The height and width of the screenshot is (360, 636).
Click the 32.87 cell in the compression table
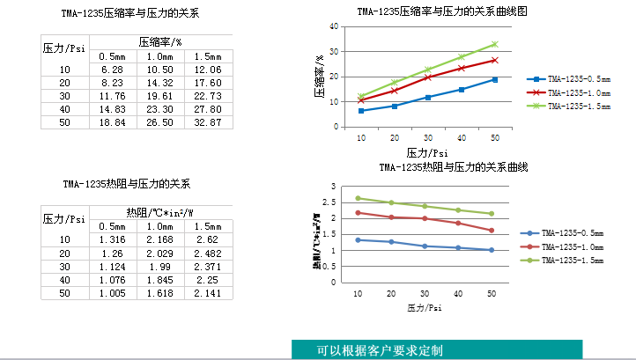(x=207, y=121)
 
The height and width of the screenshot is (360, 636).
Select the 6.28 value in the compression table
(x=112, y=69)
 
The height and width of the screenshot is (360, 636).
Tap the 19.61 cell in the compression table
(x=159, y=95)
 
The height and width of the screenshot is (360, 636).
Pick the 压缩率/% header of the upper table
(x=159, y=41)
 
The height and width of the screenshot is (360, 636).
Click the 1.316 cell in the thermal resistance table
(x=112, y=239)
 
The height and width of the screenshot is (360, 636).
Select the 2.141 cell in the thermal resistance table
(x=207, y=292)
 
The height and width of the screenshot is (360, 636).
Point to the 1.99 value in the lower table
(x=159, y=266)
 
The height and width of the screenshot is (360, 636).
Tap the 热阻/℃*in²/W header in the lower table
(x=159, y=212)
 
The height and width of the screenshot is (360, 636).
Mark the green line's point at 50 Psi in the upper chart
(x=494, y=44)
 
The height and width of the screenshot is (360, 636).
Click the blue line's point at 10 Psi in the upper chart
(x=361, y=111)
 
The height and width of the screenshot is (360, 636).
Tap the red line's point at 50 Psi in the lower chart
(x=492, y=231)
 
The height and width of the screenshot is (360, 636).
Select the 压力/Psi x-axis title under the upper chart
(x=428, y=152)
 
